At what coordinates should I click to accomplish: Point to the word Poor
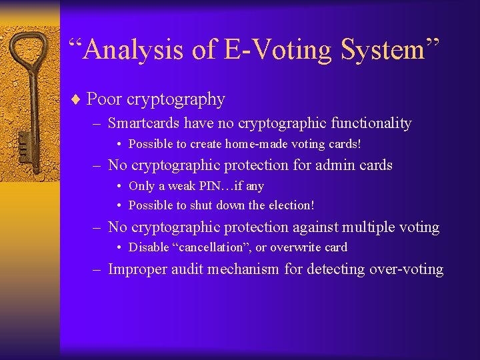click(104, 99)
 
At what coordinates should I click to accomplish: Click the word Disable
click(147, 247)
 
